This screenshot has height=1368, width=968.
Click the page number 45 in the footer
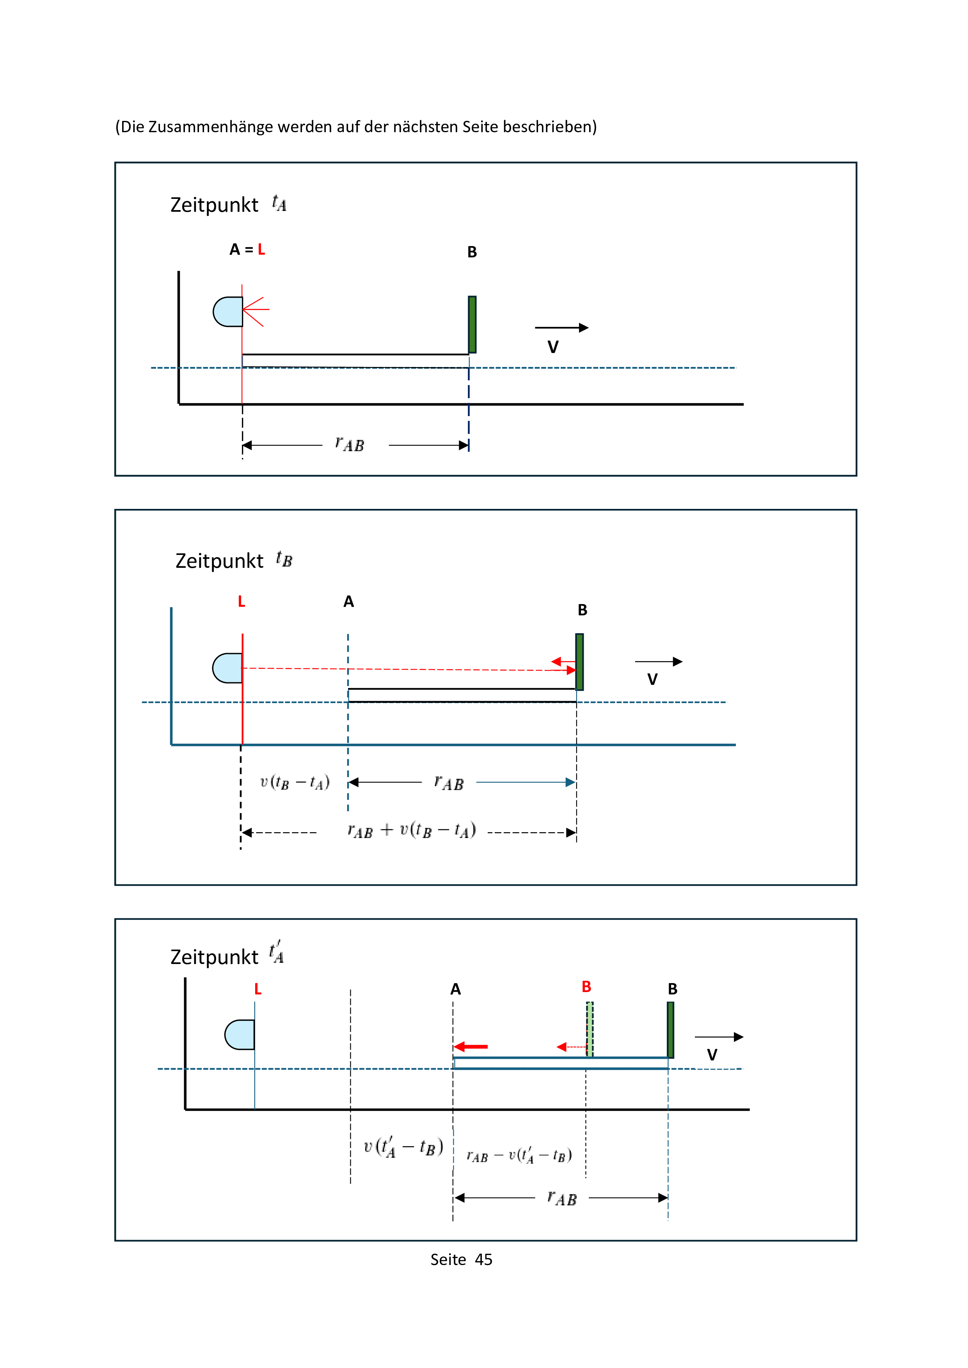[483, 1260]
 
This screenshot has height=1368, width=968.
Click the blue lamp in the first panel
[228, 312]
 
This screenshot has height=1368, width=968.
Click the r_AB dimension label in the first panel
[350, 445]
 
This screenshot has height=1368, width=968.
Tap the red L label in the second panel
[242, 602]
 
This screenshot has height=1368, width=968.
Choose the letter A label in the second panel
[349, 602]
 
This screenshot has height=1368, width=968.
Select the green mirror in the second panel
[579, 661]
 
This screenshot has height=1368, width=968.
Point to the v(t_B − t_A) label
[295, 782]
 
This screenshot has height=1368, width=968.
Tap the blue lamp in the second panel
[228, 668]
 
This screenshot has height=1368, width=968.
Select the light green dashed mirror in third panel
[590, 1029]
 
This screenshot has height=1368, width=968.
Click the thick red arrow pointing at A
[471, 1047]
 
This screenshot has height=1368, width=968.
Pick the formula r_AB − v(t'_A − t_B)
[519, 1156]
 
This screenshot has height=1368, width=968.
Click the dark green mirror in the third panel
[671, 1030]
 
